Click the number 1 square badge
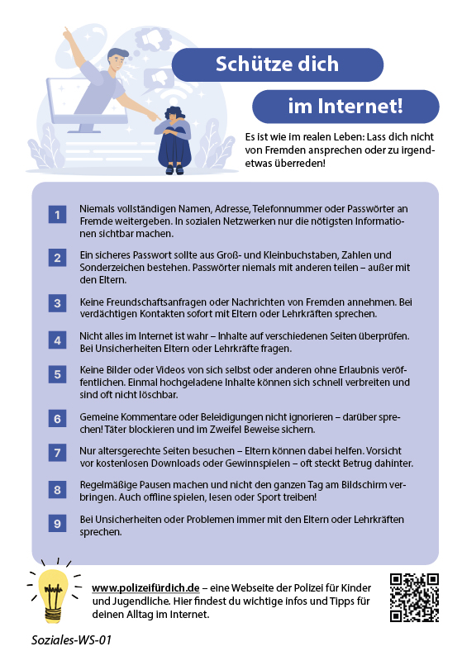point(57,215)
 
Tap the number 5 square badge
point(57,374)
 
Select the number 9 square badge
point(57,523)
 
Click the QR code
point(414,597)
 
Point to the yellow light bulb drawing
point(53,595)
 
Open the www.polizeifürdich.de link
point(145,587)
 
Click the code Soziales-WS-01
point(71,640)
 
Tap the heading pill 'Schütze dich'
point(278,64)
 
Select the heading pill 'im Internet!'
point(345,107)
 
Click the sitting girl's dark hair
point(174,112)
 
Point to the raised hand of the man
point(67,34)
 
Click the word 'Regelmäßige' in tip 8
point(108,485)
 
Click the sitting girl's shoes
point(174,170)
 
